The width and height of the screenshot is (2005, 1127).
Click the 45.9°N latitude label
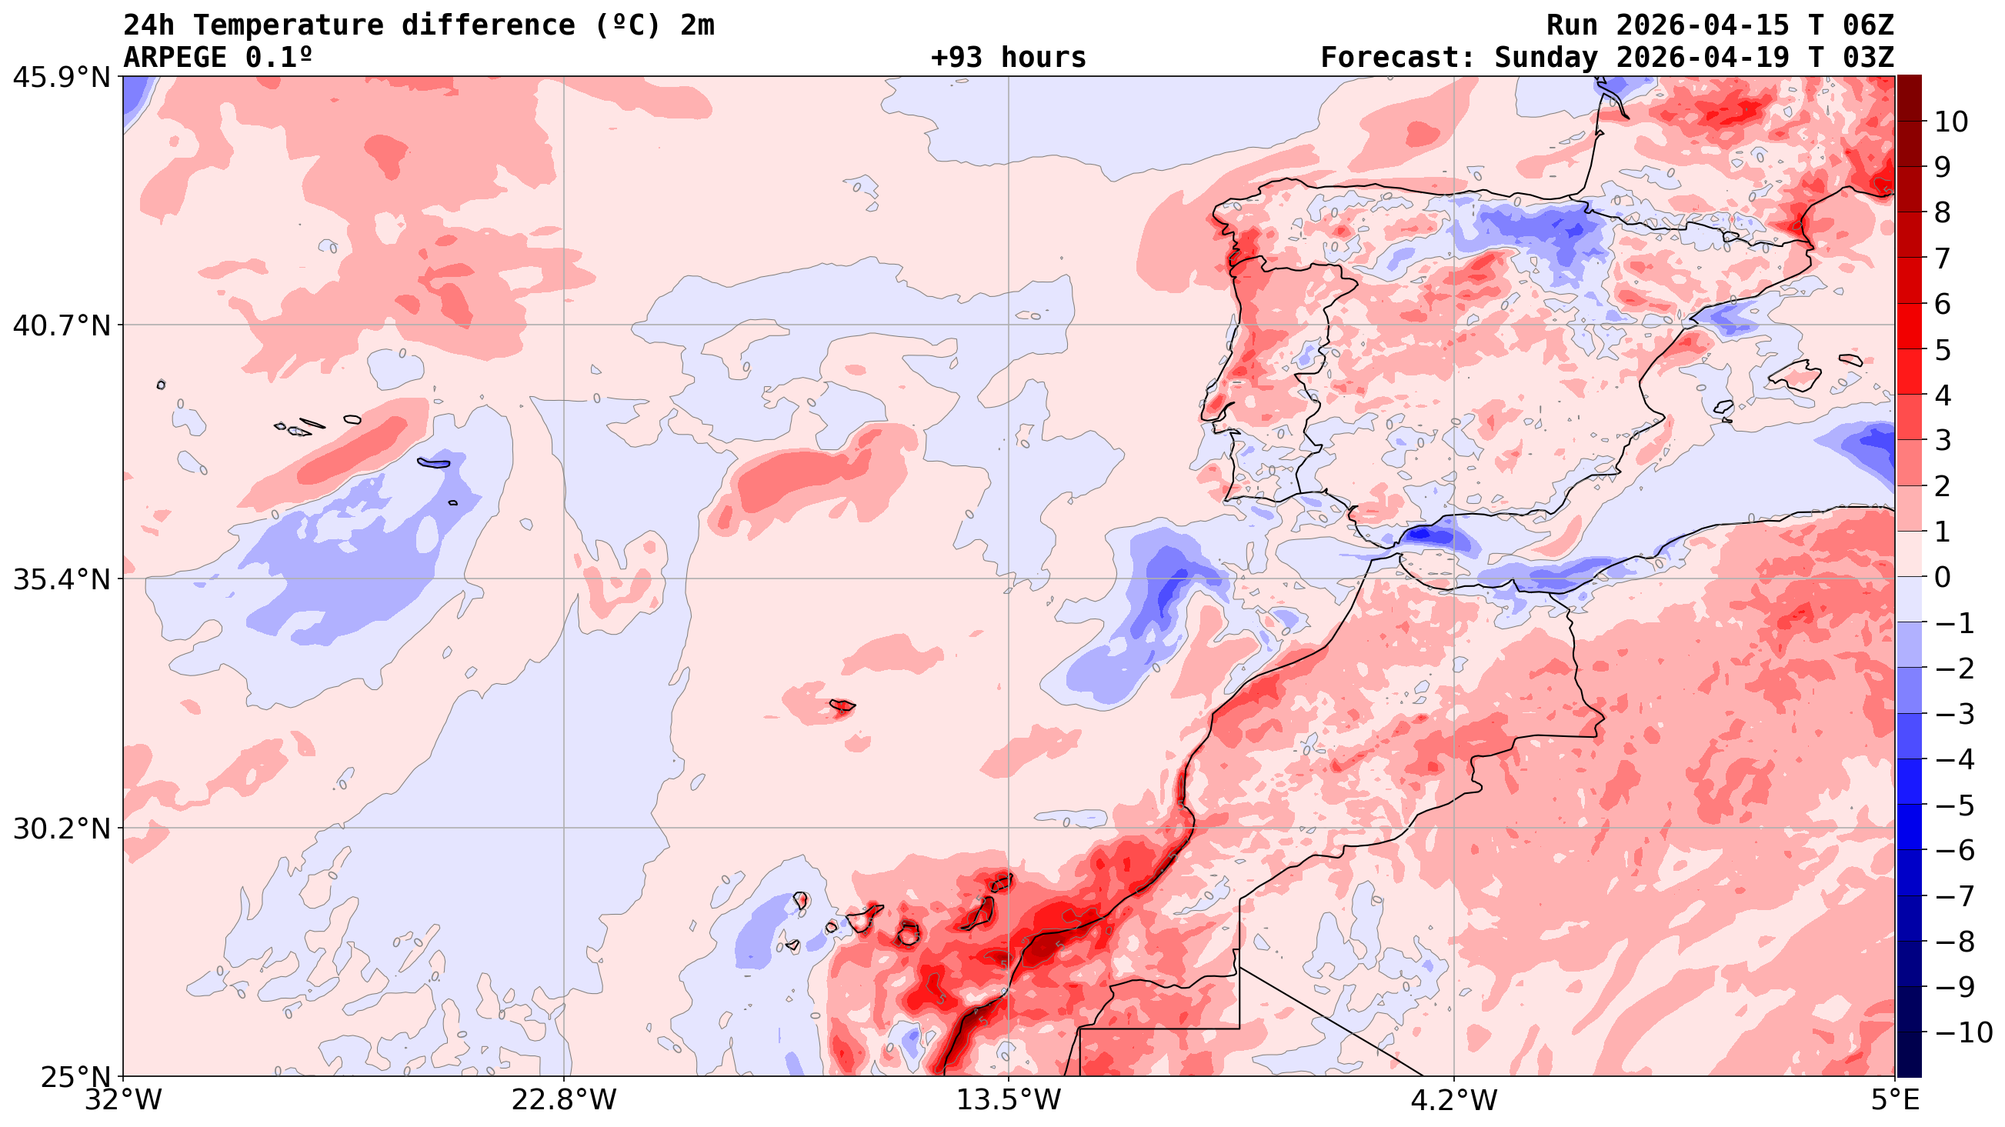pyautogui.click(x=62, y=77)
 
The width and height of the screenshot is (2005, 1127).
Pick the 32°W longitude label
pyautogui.click(x=124, y=1101)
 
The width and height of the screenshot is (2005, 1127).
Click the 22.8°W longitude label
pyautogui.click(x=564, y=1101)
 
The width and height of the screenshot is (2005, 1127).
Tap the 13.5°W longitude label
pyautogui.click(x=1009, y=1101)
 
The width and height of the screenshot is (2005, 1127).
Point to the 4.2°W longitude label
pyautogui.click(x=1454, y=1101)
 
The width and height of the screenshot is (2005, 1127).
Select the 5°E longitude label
pyautogui.click(x=1894, y=1101)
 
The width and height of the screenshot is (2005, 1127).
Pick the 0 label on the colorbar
pyautogui.click(x=1943, y=578)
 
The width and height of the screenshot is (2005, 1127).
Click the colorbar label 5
pyautogui.click(x=1943, y=350)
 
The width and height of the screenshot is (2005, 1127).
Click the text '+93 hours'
pyautogui.click(x=1008, y=58)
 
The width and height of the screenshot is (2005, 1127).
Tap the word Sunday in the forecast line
pyautogui.click(x=1546, y=58)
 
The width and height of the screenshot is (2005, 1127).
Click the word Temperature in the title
pyautogui.click(x=288, y=25)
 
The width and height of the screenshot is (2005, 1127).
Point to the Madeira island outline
pyautogui.click(x=842, y=706)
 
